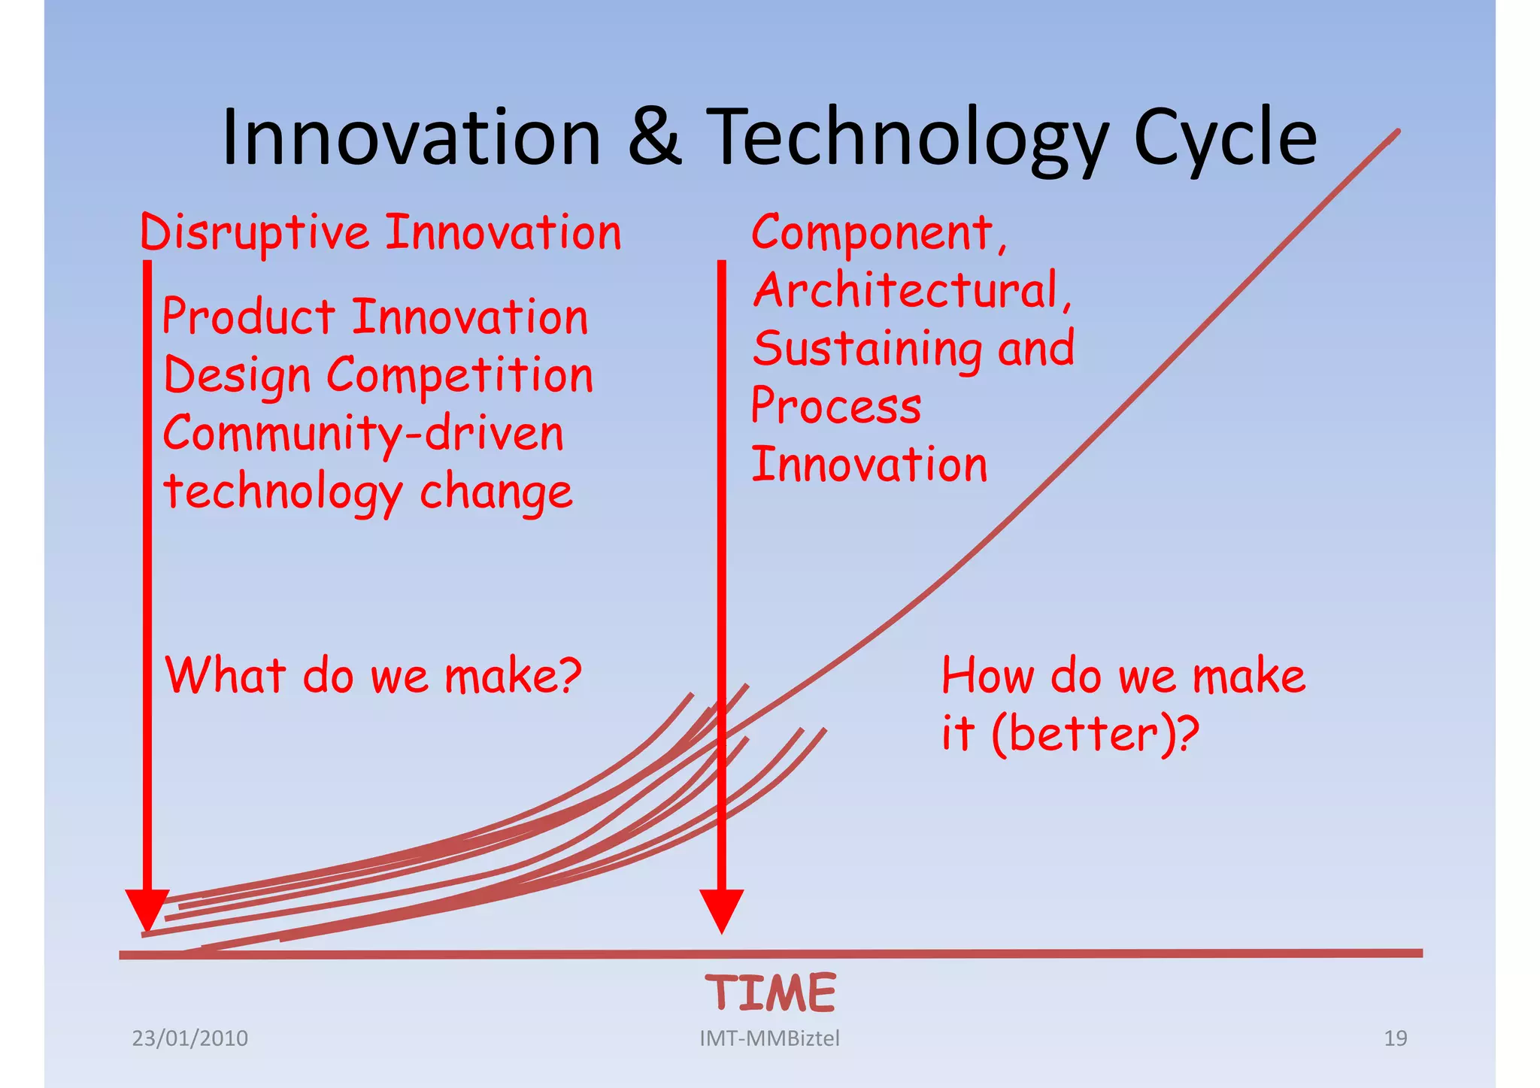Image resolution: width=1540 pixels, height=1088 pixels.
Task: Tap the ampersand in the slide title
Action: (654, 138)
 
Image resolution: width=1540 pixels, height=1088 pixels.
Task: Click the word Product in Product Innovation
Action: (249, 317)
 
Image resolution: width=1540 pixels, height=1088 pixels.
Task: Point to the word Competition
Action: (459, 376)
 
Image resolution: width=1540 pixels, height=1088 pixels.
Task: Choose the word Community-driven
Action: (363, 435)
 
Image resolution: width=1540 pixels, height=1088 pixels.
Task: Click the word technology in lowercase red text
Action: (283, 493)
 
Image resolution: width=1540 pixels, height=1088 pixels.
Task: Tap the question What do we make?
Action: (373, 675)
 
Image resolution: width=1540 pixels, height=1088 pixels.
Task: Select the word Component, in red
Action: (878, 233)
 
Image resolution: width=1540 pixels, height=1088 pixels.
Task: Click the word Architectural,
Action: (912, 291)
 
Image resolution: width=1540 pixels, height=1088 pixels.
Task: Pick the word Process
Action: (835, 407)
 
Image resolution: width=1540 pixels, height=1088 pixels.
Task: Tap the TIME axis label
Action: (770, 993)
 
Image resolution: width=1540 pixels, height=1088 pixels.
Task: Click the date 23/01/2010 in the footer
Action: (190, 1038)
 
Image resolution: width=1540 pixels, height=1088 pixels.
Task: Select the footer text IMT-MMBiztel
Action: (769, 1038)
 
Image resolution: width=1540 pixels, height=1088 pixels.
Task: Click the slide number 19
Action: (1395, 1038)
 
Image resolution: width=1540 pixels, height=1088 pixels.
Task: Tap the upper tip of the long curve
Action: (1396, 132)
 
